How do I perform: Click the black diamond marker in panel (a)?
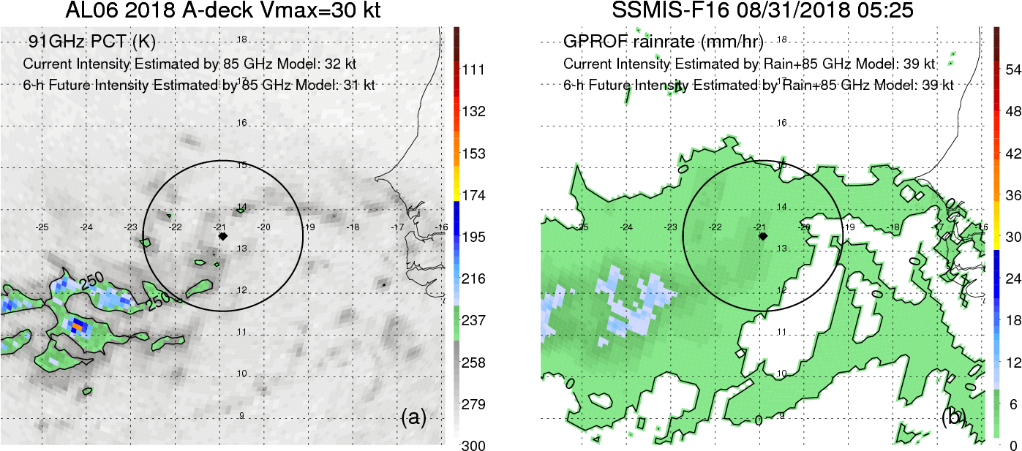point(222,237)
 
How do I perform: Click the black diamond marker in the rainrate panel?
point(762,236)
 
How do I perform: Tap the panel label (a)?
point(413,417)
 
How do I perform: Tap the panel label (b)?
point(953,417)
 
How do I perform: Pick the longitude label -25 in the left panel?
point(42,227)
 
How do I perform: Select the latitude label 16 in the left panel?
point(241,123)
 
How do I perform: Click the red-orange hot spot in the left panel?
point(78,325)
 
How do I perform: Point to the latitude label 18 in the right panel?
point(781,39)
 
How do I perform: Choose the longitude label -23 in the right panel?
point(671,227)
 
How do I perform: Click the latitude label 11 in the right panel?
point(781,333)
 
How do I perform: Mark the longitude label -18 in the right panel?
point(893,227)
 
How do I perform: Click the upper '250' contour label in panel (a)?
point(91,283)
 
